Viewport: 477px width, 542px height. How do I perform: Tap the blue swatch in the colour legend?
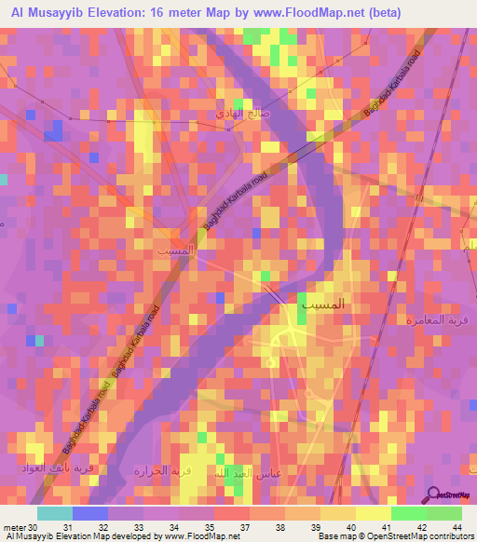pyautogui.click(x=89, y=513)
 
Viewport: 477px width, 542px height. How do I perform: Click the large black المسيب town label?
pyautogui.click(x=323, y=304)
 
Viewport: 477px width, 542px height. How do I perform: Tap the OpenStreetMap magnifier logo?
pyautogui.click(x=435, y=495)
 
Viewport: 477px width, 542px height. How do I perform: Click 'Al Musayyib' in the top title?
pyautogui.click(x=44, y=12)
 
